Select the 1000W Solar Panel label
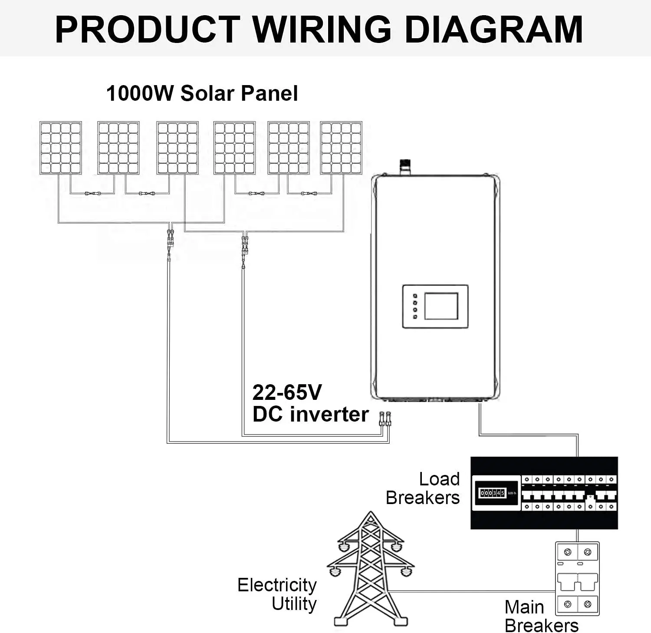(x=202, y=93)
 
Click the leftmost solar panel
(x=61, y=148)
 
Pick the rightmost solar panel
(x=341, y=148)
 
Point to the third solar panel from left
(x=178, y=148)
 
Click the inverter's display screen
(x=441, y=306)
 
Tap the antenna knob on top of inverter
(x=405, y=166)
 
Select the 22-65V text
(x=287, y=392)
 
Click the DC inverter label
(x=310, y=414)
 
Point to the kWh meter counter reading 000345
(x=492, y=493)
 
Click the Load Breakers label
(x=423, y=488)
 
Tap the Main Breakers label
(x=541, y=616)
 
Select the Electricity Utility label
(x=277, y=594)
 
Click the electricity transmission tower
(x=370, y=569)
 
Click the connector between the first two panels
(x=92, y=193)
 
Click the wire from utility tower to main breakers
(x=473, y=591)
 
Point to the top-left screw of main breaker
(x=567, y=553)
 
